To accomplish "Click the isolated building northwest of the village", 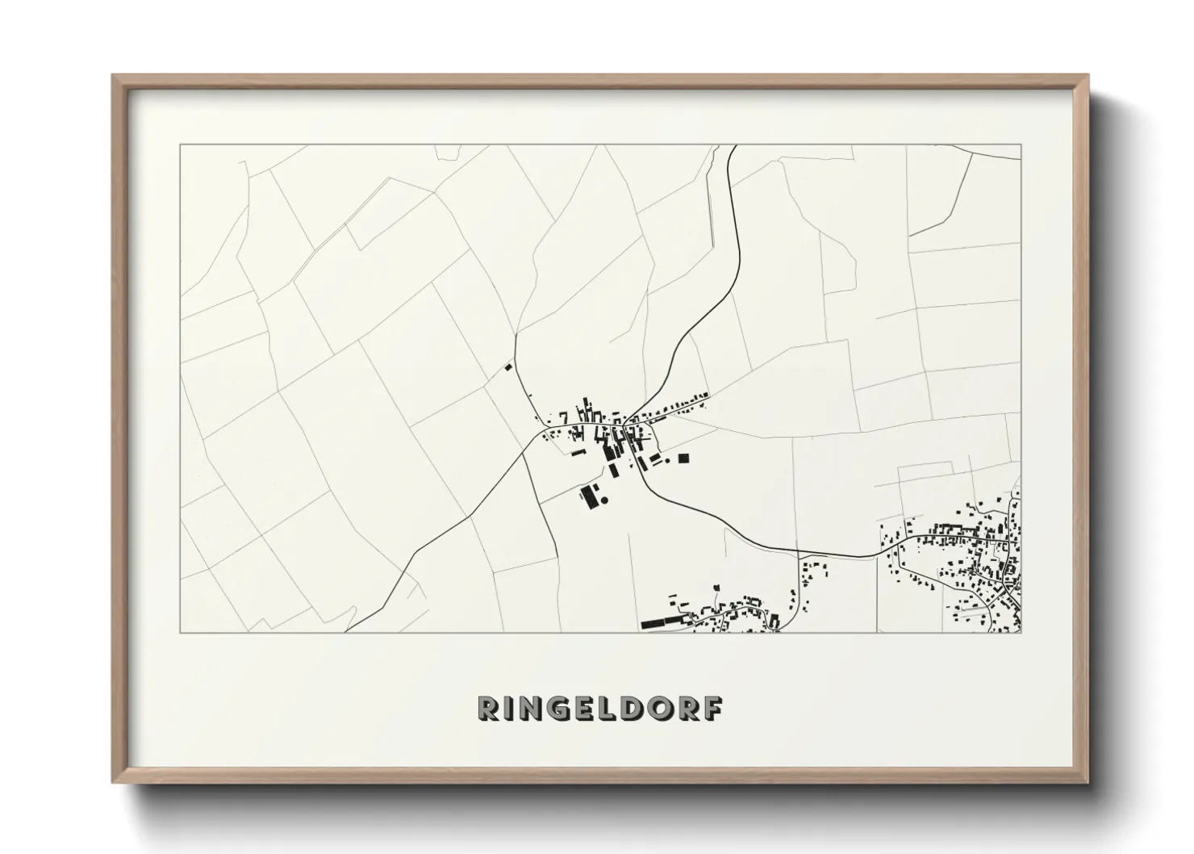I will click(x=508, y=367).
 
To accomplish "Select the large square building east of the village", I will click(x=683, y=458).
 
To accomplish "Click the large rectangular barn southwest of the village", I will click(x=587, y=496).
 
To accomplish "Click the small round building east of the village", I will click(x=668, y=460).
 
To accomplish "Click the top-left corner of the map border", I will click(x=180, y=144).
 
